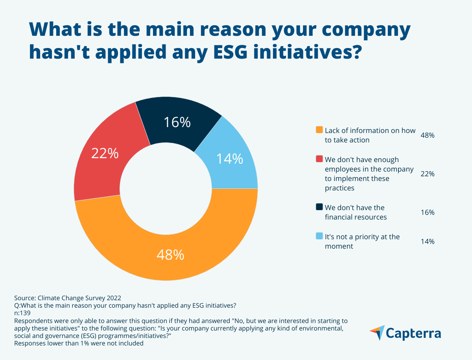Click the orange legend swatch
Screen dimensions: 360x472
319,130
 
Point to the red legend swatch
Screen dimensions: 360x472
319,159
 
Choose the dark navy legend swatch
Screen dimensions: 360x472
319,207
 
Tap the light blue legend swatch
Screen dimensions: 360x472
319,236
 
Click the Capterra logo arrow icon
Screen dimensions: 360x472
377,333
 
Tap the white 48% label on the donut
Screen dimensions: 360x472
170,255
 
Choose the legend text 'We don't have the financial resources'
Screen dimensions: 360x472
356,212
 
